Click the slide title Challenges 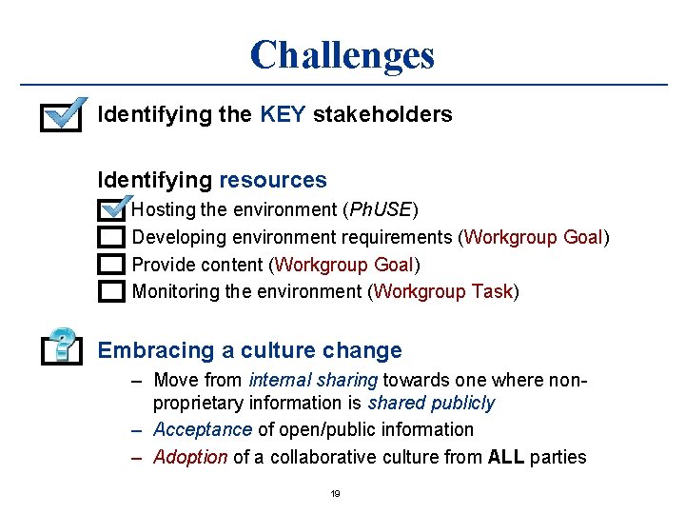342,54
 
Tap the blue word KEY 282,115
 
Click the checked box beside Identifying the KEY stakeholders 62,117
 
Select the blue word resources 273,180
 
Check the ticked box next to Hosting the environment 112,208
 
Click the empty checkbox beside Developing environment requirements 112,236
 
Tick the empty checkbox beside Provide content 112,264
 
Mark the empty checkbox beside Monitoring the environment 112,290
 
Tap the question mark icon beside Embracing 62,346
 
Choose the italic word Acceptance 203,429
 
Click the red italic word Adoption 190,457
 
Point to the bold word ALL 506,457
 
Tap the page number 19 335,494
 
